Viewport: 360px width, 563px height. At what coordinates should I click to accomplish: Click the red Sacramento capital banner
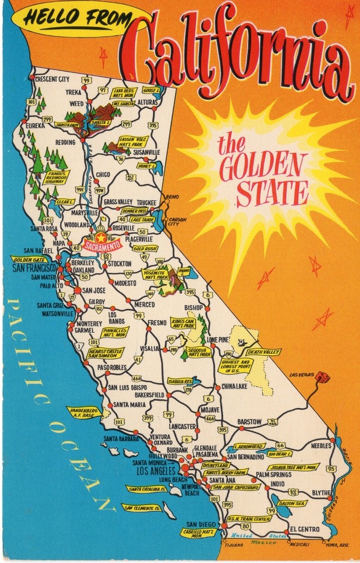coord(102,246)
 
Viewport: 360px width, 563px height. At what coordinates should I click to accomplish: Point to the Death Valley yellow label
coord(263,352)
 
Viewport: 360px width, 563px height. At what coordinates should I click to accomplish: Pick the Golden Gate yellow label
coord(29,260)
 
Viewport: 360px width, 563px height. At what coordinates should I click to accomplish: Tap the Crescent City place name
coord(52,79)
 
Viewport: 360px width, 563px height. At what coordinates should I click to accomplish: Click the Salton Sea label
coord(291,503)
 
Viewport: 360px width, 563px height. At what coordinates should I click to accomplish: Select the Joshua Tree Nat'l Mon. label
coord(292,467)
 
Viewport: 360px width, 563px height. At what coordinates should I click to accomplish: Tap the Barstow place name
coord(249,422)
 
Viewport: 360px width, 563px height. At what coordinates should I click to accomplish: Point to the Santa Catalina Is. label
coord(146,489)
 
